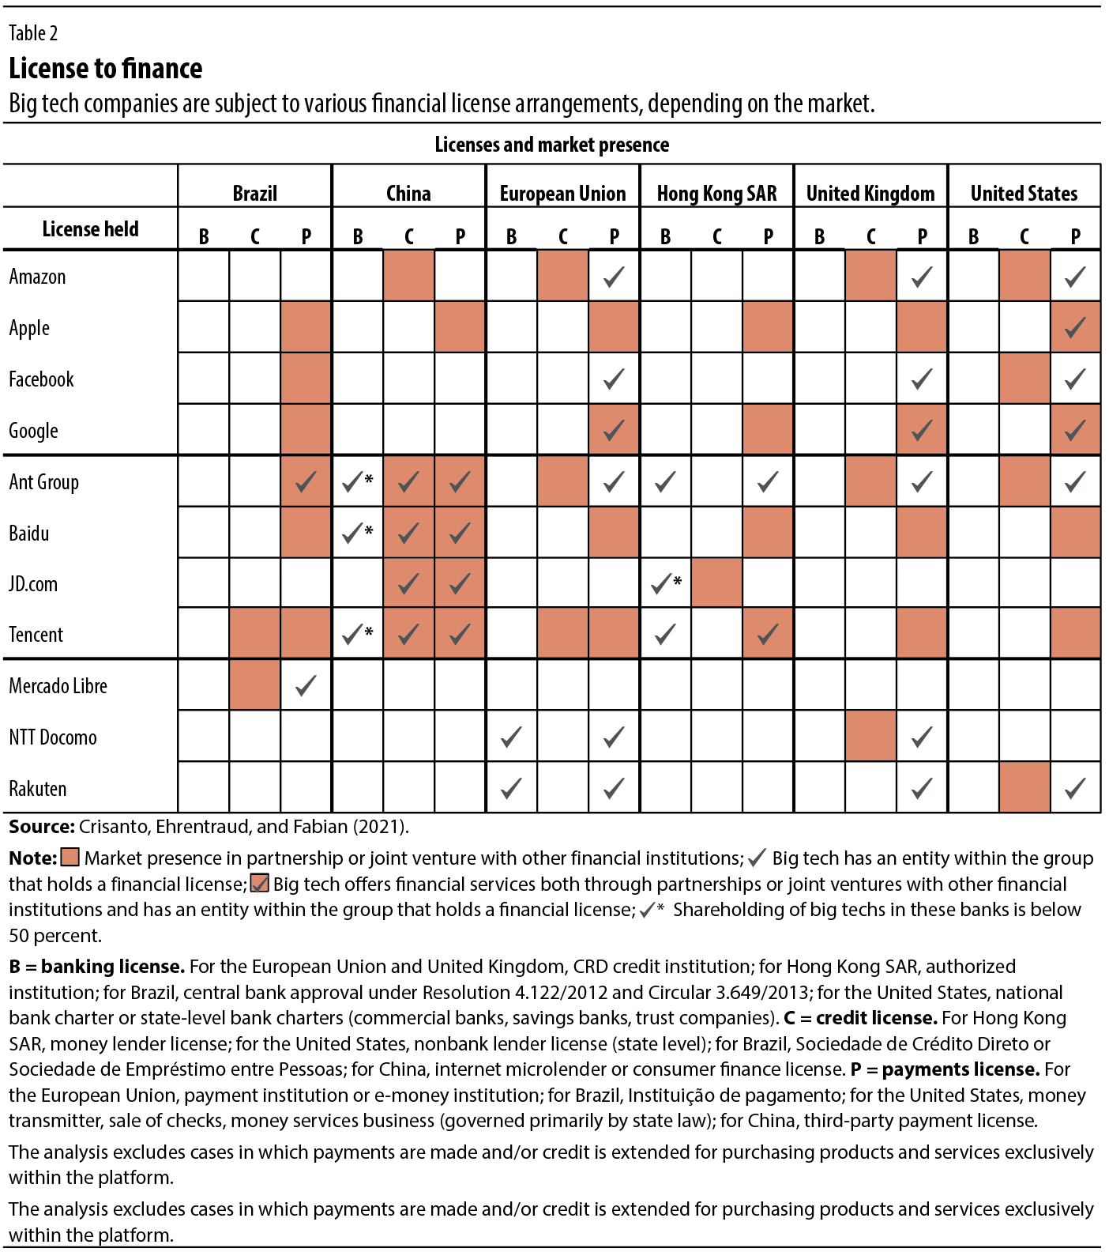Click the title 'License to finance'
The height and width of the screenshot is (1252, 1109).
(105, 69)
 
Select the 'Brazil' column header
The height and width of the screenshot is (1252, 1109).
(254, 194)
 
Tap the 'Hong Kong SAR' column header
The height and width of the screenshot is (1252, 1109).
(716, 194)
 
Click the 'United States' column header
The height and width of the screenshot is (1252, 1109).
(1024, 194)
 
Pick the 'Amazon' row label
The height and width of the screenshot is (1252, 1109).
(37, 277)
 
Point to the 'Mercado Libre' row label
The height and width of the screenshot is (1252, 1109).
(58, 686)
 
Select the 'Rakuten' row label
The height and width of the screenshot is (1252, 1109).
(37, 789)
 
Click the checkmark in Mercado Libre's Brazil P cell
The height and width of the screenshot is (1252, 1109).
(306, 685)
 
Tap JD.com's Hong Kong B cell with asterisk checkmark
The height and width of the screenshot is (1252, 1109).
(666, 583)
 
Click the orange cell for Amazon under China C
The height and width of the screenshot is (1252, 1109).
(408, 276)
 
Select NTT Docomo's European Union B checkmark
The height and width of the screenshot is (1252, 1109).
(511, 737)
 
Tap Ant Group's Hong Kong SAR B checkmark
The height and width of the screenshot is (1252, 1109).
(665, 481)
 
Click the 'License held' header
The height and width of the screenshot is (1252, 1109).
(90, 229)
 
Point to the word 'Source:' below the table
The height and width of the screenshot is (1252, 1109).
(42, 827)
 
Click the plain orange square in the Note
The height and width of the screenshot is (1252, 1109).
(70, 858)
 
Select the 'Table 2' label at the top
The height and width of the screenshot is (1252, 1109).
(33, 33)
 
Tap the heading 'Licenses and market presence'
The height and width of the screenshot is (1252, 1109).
(551, 145)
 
